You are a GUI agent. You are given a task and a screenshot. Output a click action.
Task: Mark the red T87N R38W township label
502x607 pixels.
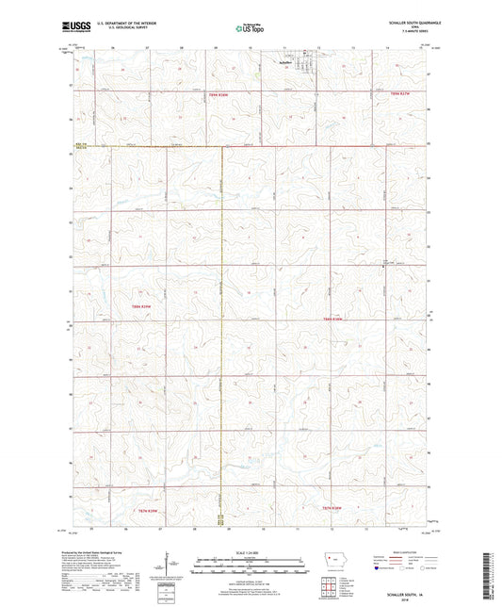tap(335, 507)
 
